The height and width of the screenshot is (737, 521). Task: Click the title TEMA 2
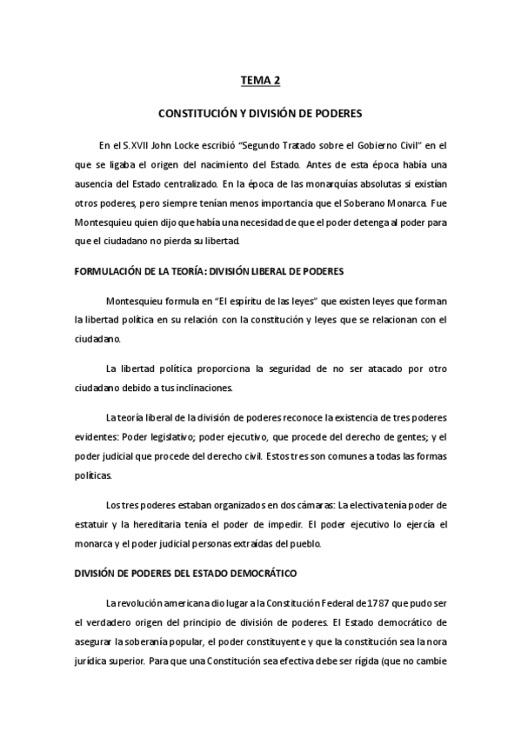261,82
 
